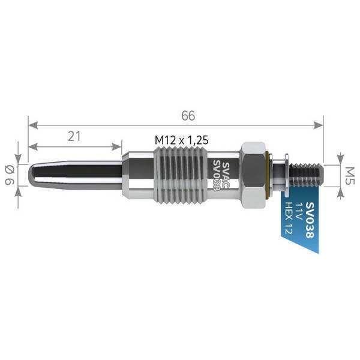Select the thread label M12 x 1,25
pyautogui.click(x=181, y=139)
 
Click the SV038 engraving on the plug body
pyautogui.click(x=217, y=176)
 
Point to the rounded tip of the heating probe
pyautogui.click(x=32, y=175)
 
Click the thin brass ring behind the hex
pyautogui.click(x=268, y=175)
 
